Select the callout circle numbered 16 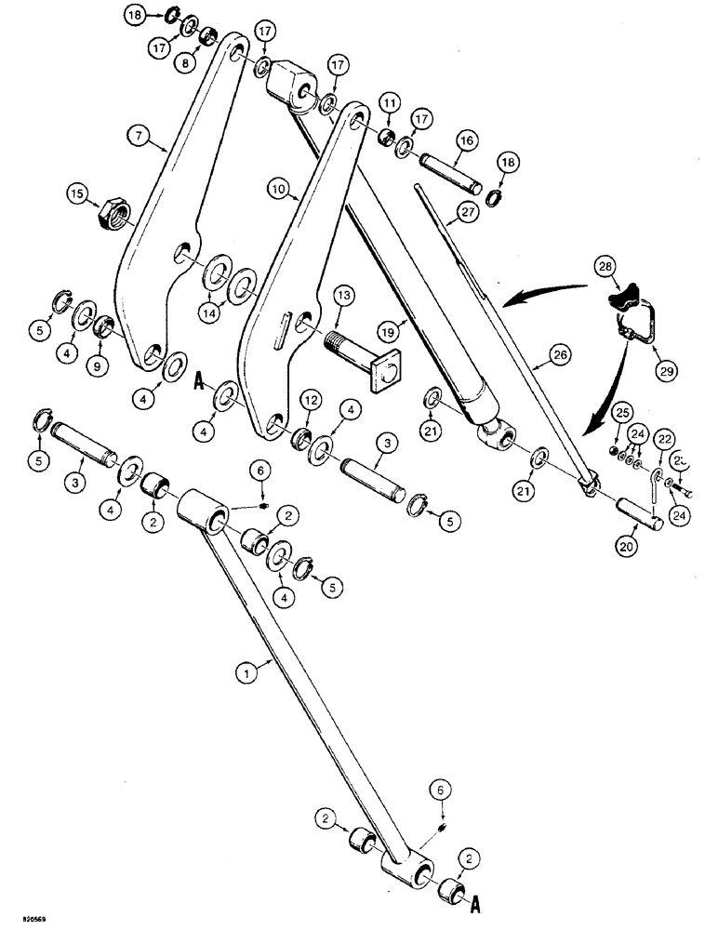click(465, 139)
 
